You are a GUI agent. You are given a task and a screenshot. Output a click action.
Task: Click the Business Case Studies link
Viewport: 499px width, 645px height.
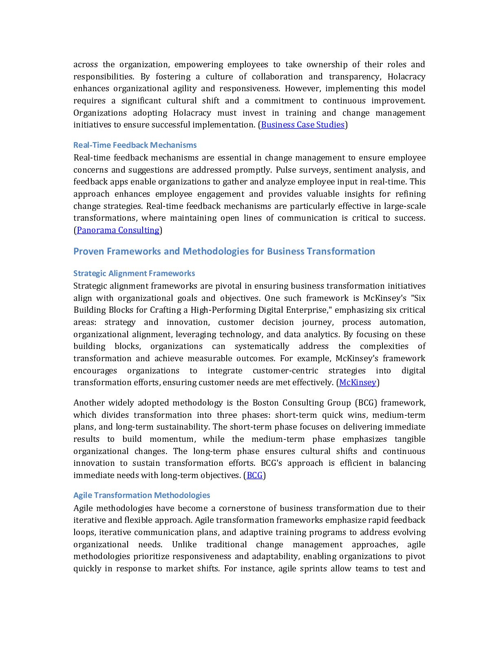point(302,125)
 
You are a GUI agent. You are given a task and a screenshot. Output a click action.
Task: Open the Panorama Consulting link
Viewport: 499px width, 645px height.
point(118,230)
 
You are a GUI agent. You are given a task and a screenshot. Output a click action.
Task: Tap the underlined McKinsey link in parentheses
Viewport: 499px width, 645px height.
point(358,382)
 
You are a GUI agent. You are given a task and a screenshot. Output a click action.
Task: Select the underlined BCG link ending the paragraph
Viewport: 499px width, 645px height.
point(255,475)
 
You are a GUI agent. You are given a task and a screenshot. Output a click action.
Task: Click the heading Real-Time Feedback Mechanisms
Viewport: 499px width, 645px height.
point(135,145)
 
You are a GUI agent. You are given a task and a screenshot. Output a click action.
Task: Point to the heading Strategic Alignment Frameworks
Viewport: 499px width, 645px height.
point(134,273)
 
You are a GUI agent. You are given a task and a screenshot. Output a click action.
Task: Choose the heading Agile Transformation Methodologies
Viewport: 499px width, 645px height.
point(141,495)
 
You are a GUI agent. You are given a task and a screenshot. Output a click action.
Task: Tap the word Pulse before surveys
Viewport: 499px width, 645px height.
point(287,170)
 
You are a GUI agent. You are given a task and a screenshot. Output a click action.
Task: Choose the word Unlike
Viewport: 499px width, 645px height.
point(184,544)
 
